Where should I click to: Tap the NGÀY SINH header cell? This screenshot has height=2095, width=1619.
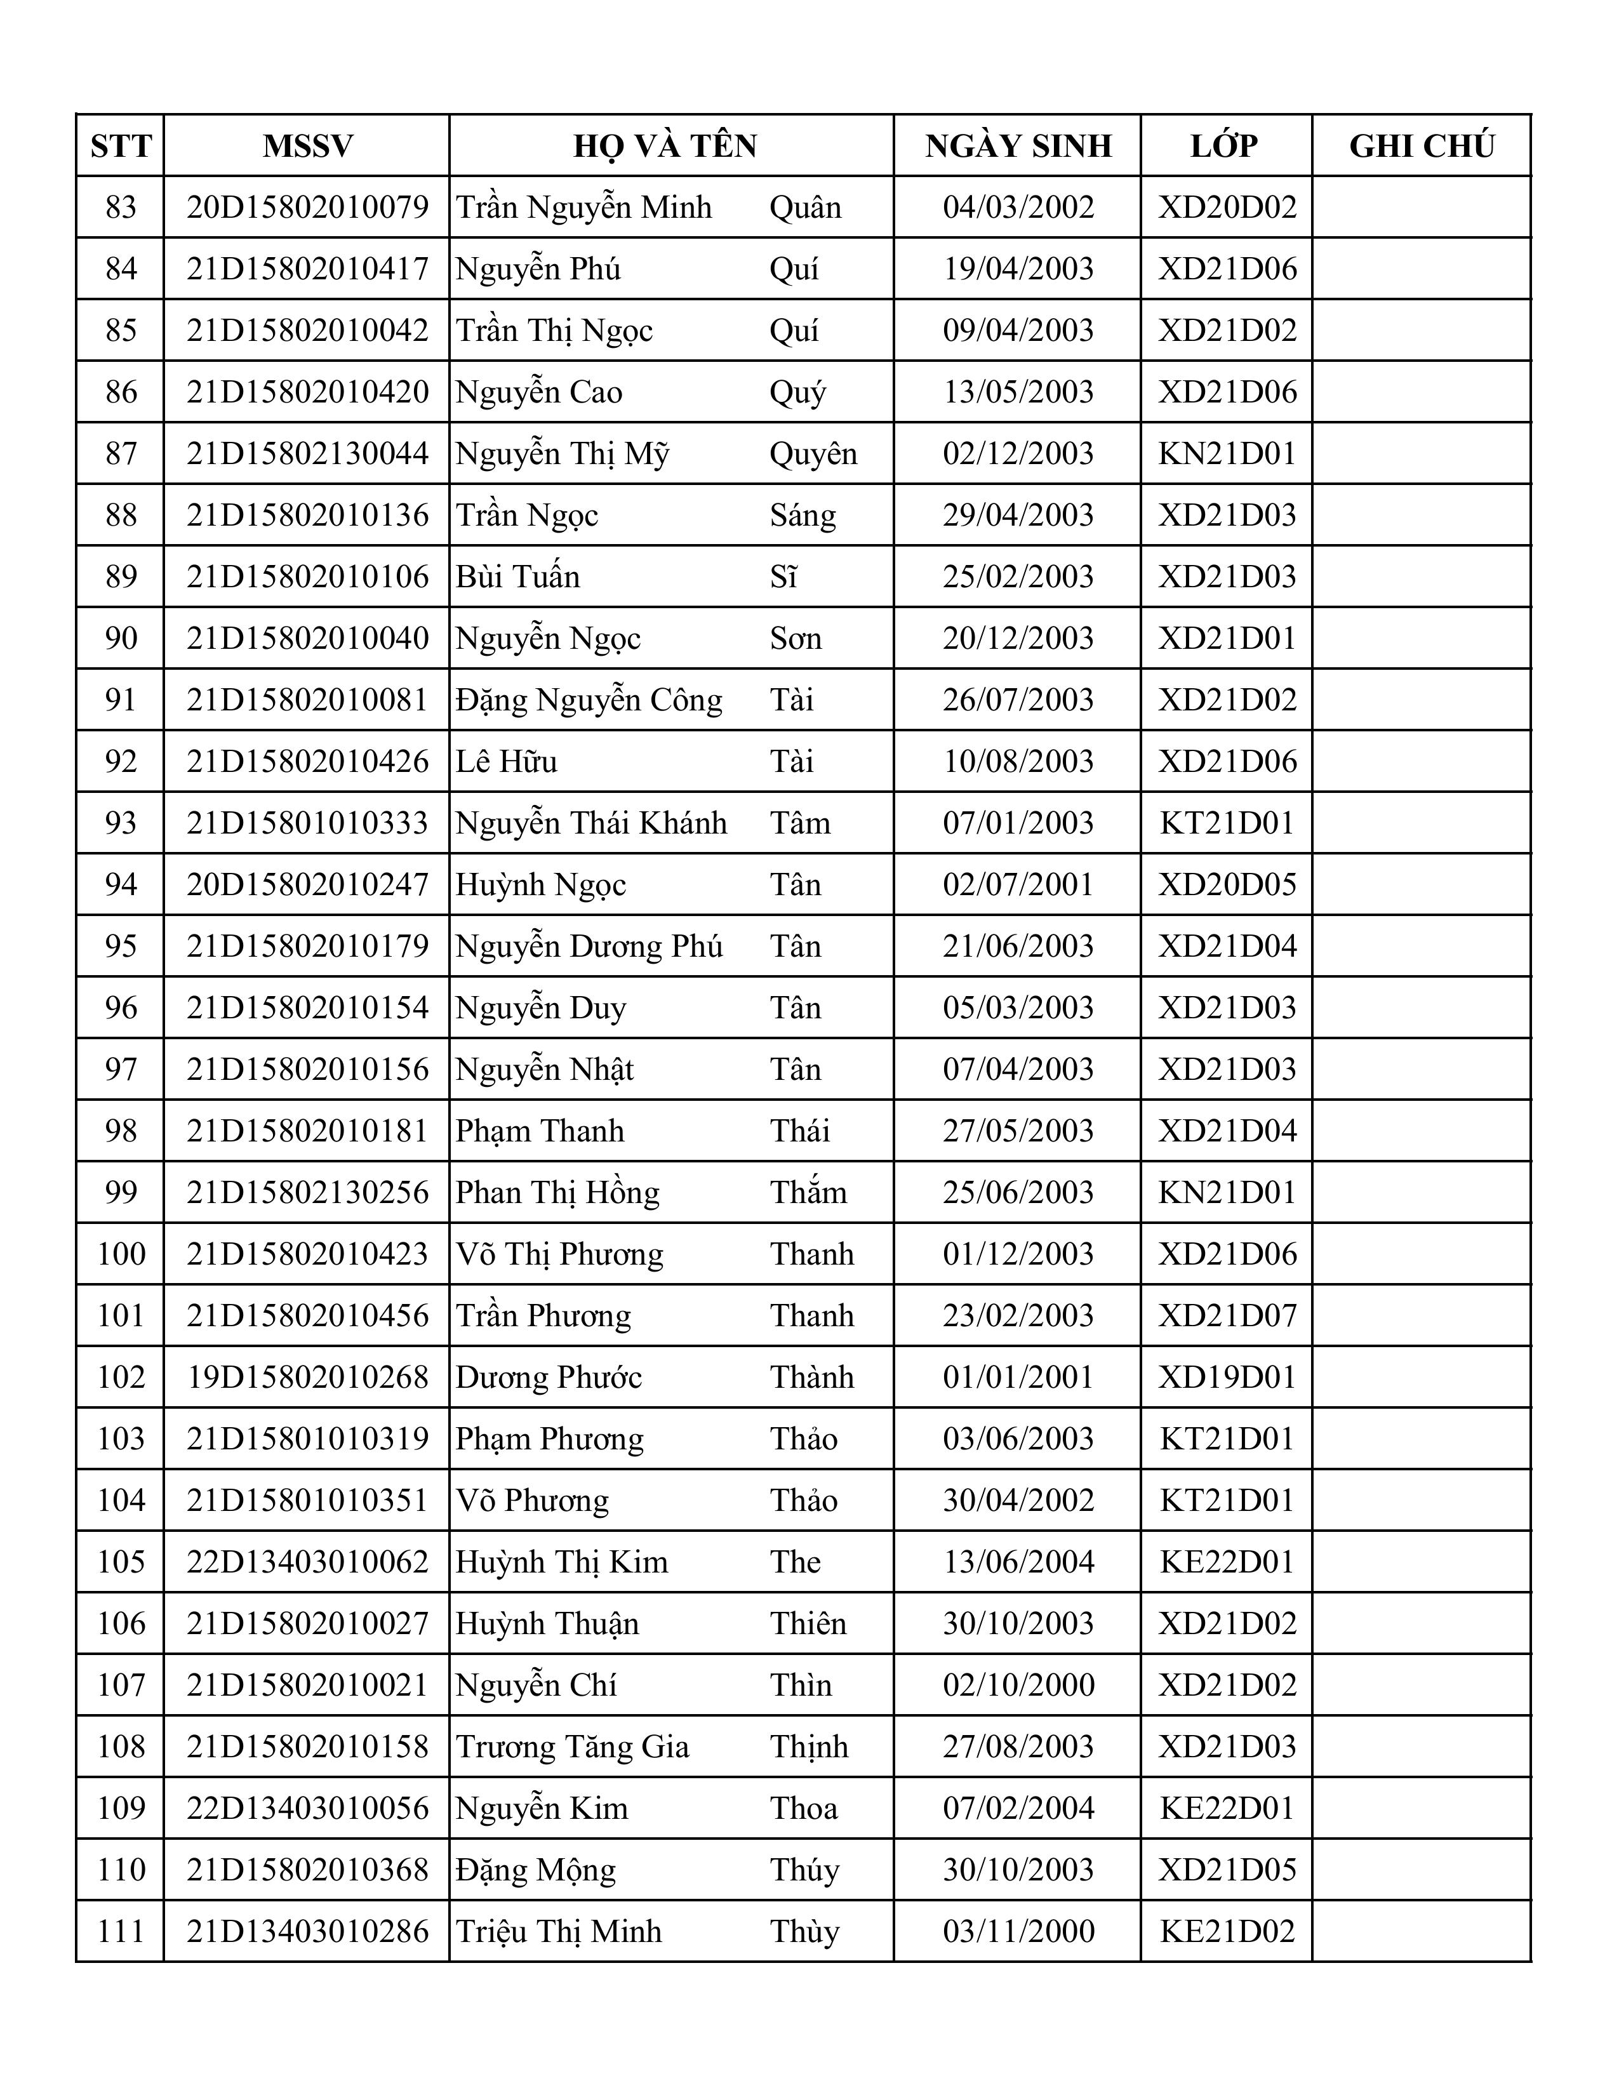tap(1018, 146)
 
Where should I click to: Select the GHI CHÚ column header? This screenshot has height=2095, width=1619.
tap(1422, 146)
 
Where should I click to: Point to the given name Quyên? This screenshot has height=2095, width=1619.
tap(813, 454)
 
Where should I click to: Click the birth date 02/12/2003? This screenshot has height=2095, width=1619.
tap(1018, 454)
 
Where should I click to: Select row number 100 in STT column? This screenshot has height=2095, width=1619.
tap(121, 1254)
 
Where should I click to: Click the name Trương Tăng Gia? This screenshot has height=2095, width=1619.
tap(573, 1747)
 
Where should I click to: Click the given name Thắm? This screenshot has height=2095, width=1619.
tap(808, 1192)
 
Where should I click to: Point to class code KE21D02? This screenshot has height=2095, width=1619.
tap(1227, 1931)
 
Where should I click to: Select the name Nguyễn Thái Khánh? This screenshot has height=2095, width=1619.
tap(591, 823)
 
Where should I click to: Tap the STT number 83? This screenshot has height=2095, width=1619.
tap(121, 207)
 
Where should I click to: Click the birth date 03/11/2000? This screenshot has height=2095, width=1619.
tap(1018, 1931)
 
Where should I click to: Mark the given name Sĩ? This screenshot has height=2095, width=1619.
tap(783, 576)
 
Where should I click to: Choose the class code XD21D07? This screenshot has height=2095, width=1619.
tap(1227, 1315)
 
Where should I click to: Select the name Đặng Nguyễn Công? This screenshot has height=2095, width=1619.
tap(589, 700)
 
